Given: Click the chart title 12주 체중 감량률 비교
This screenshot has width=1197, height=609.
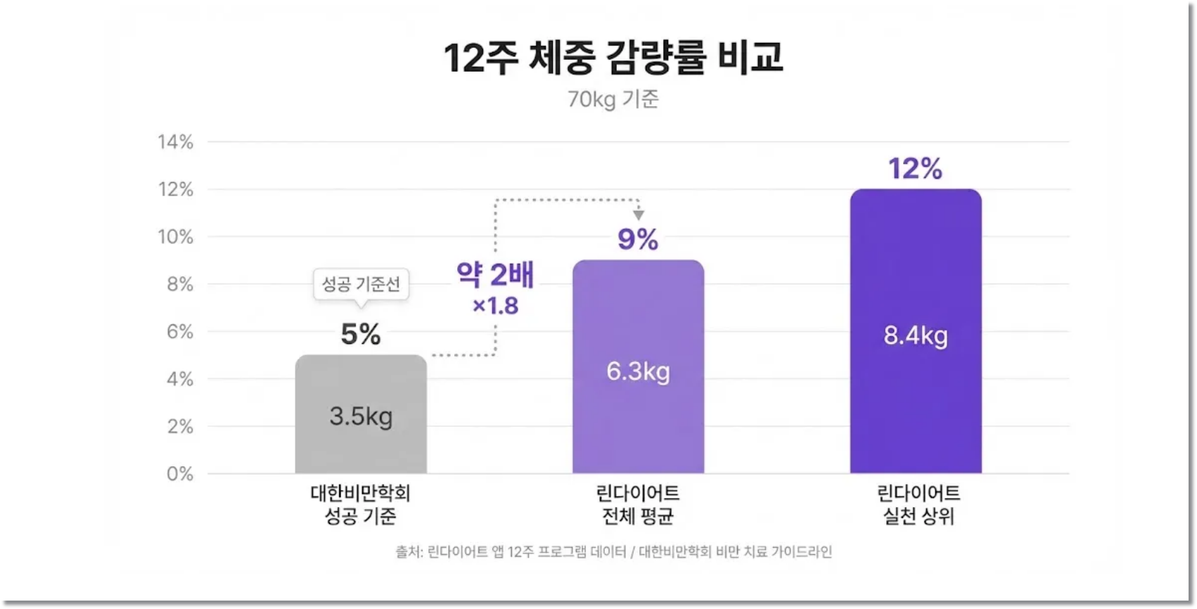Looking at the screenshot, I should pos(613,57).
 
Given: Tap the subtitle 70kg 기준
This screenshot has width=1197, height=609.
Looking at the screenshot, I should pos(613,99).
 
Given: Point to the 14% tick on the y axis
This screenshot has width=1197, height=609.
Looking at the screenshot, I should pos(176,142).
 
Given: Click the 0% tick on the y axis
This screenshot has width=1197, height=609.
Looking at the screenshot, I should pos(180,474).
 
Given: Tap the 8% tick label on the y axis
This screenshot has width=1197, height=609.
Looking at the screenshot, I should pos(180,284).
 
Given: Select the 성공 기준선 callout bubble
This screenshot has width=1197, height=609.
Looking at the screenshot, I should pos(361,284).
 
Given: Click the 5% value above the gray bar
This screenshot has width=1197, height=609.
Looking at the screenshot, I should pos(361,334).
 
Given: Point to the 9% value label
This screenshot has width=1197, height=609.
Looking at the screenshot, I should pos(638,239).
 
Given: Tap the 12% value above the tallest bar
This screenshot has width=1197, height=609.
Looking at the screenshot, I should pos(915,169).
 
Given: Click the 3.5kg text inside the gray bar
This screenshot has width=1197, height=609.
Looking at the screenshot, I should pos(361,416).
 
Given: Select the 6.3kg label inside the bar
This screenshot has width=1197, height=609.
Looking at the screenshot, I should pos(638,371).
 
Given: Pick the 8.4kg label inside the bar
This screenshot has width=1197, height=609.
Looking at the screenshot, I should pos(915,335).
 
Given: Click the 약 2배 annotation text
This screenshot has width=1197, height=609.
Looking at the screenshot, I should pos(495,274).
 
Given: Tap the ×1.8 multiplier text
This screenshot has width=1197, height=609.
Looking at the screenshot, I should pos(495,306).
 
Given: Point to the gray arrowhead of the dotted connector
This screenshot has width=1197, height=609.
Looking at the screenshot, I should pos(638,214).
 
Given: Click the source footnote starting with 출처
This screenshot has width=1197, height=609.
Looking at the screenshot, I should pos(613,552).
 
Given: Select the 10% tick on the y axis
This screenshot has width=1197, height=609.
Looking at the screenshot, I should pos(176,237).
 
